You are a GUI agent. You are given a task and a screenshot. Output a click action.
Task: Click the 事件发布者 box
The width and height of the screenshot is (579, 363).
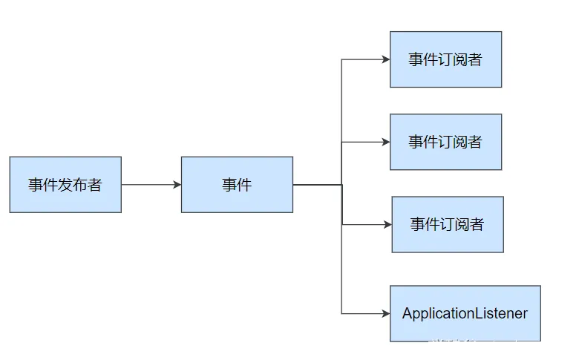(65, 185)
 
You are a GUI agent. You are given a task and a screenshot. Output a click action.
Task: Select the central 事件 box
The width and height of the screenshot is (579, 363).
(237, 185)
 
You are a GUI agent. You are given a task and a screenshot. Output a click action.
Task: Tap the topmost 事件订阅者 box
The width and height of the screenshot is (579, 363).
(445, 59)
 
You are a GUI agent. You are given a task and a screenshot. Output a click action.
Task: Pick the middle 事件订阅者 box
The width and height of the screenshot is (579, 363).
(445, 142)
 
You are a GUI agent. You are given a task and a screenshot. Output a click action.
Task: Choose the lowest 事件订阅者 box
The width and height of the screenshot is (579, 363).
(448, 224)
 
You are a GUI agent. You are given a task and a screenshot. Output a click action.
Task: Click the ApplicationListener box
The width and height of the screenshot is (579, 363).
(465, 313)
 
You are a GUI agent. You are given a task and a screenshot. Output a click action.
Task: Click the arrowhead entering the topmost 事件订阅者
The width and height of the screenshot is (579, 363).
(386, 59)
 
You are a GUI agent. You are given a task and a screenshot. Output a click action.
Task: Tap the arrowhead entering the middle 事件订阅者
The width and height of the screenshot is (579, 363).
(386, 142)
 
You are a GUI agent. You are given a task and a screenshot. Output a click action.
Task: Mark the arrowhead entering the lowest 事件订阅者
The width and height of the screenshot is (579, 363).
(387, 224)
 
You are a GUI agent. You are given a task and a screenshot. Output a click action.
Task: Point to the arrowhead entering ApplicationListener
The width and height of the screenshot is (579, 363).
(386, 313)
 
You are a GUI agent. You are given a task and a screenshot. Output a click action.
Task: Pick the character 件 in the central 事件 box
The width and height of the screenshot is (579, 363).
(245, 185)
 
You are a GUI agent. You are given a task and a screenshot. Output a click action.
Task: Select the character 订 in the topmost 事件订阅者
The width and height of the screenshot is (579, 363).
(445, 59)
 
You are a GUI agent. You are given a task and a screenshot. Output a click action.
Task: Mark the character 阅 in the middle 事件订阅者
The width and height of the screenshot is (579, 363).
(460, 142)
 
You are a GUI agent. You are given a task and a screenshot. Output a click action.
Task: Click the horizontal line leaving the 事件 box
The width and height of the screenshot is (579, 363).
(317, 185)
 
